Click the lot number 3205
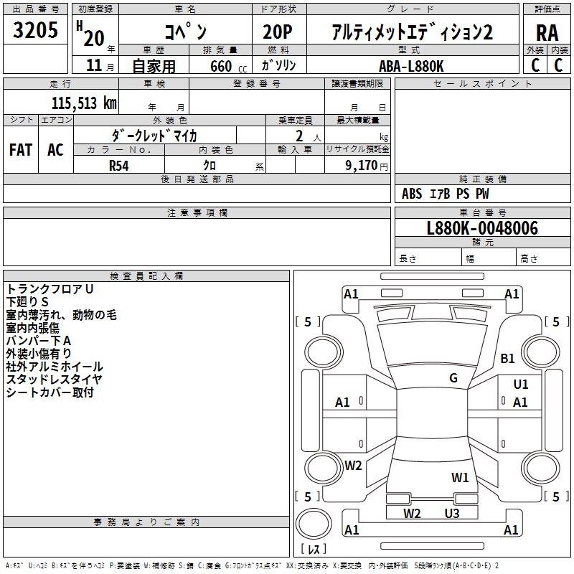click(x=36, y=30)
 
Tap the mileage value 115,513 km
click(x=84, y=103)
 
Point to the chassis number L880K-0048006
click(x=481, y=228)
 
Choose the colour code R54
click(x=120, y=164)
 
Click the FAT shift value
click(x=21, y=150)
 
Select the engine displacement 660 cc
click(x=220, y=66)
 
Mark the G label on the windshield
click(x=453, y=378)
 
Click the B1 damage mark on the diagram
click(x=508, y=358)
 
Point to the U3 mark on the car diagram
click(x=451, y=513)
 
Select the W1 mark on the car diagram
click(x=460, y=476)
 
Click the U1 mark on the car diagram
click(x=521, y=385)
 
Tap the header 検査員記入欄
click(x=146, y=276)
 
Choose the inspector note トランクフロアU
click(x=50, y=288)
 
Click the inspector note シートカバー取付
click(x=50, y=392)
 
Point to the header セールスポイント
click(x=483, y=84)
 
